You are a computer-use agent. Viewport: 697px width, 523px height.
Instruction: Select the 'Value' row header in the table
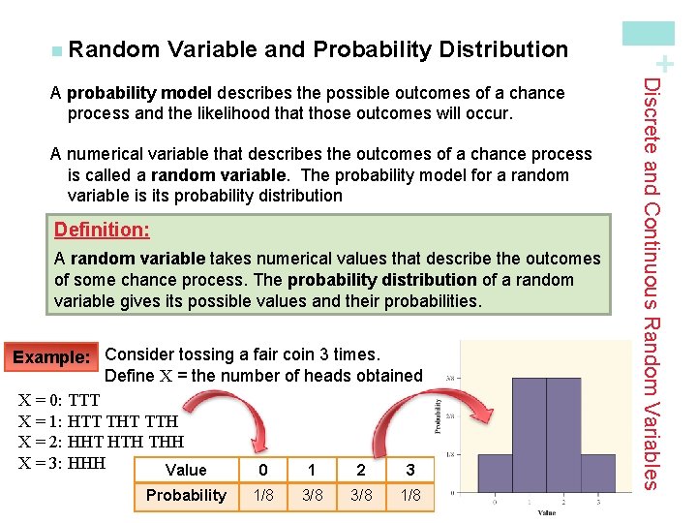[x=186, y=470]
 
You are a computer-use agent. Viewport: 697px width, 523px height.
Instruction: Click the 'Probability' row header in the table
[x=186, y=495]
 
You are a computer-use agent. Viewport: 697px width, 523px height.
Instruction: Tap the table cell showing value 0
[x=262, y=470]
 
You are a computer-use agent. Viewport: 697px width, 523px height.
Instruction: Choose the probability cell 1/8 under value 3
[x=410, y=495]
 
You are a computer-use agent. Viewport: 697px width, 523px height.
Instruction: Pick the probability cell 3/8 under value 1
[x=312, y=495]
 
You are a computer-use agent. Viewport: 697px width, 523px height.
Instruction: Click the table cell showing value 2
[x=361, y=470]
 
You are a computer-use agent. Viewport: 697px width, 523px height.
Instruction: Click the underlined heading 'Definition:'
[x=102, y=230]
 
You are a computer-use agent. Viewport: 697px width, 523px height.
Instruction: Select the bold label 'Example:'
[x=50, y=356]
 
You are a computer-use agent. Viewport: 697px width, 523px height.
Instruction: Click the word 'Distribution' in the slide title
[x=503, y=48]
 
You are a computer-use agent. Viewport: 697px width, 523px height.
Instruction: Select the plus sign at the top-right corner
[x=663, y=64]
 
